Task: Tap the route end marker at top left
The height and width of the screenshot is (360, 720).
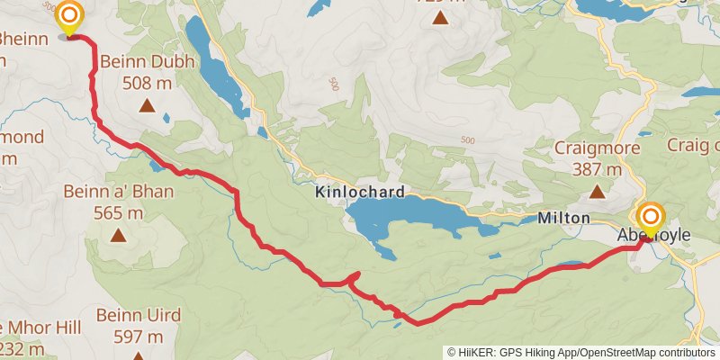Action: (68, 17)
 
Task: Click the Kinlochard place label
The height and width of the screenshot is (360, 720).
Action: (360, 193)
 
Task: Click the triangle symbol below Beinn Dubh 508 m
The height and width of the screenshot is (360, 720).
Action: (146, 106)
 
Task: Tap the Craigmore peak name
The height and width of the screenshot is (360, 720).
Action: (598, 148)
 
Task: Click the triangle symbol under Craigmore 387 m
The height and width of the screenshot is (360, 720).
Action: (597, 191)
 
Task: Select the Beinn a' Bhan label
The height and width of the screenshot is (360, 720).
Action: (118, 192)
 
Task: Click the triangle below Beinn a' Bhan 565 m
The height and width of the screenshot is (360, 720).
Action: (118, 236)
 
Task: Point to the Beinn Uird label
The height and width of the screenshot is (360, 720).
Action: (139, 316)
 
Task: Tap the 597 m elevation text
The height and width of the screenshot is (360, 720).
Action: (139, 337)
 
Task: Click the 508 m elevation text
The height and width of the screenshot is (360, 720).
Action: (146, 84)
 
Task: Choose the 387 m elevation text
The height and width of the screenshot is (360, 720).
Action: (598, 169)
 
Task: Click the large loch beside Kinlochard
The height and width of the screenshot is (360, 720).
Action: (405, 219)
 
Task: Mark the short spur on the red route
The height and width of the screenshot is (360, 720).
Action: (355, 275)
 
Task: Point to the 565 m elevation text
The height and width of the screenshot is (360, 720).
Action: (118, 213)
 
